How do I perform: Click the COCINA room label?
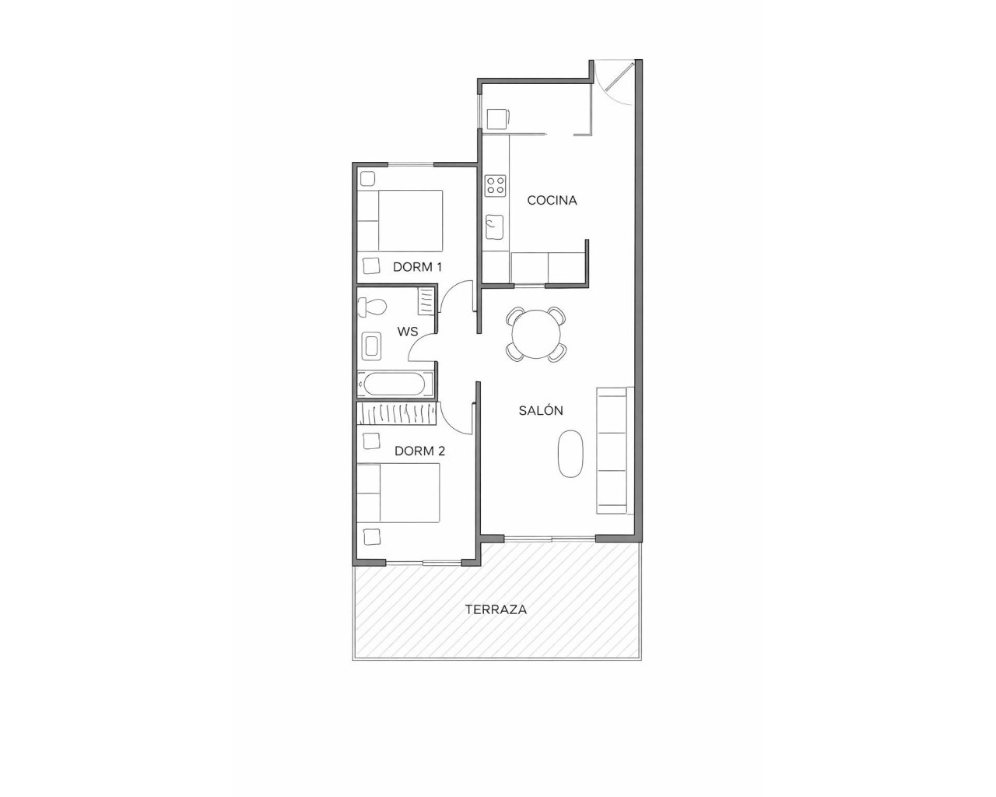[x=552, y=200]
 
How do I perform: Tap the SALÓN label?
[x=541, y=410]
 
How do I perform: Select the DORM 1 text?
[x=417, y=267]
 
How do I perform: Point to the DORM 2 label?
[x=419, y=451]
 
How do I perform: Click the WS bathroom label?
[x=408, y=332]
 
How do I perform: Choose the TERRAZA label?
[x=496, y=609]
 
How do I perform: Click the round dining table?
[x=535, y=334]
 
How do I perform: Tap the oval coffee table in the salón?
[x=571, y=454]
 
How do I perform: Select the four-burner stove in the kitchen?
[x=495, y=185]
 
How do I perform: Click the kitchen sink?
[x=495, y=227]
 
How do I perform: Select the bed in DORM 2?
[x=398, y=493]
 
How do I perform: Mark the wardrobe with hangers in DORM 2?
[x=395, y=413]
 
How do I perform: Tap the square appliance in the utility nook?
[x=496, y=119]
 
